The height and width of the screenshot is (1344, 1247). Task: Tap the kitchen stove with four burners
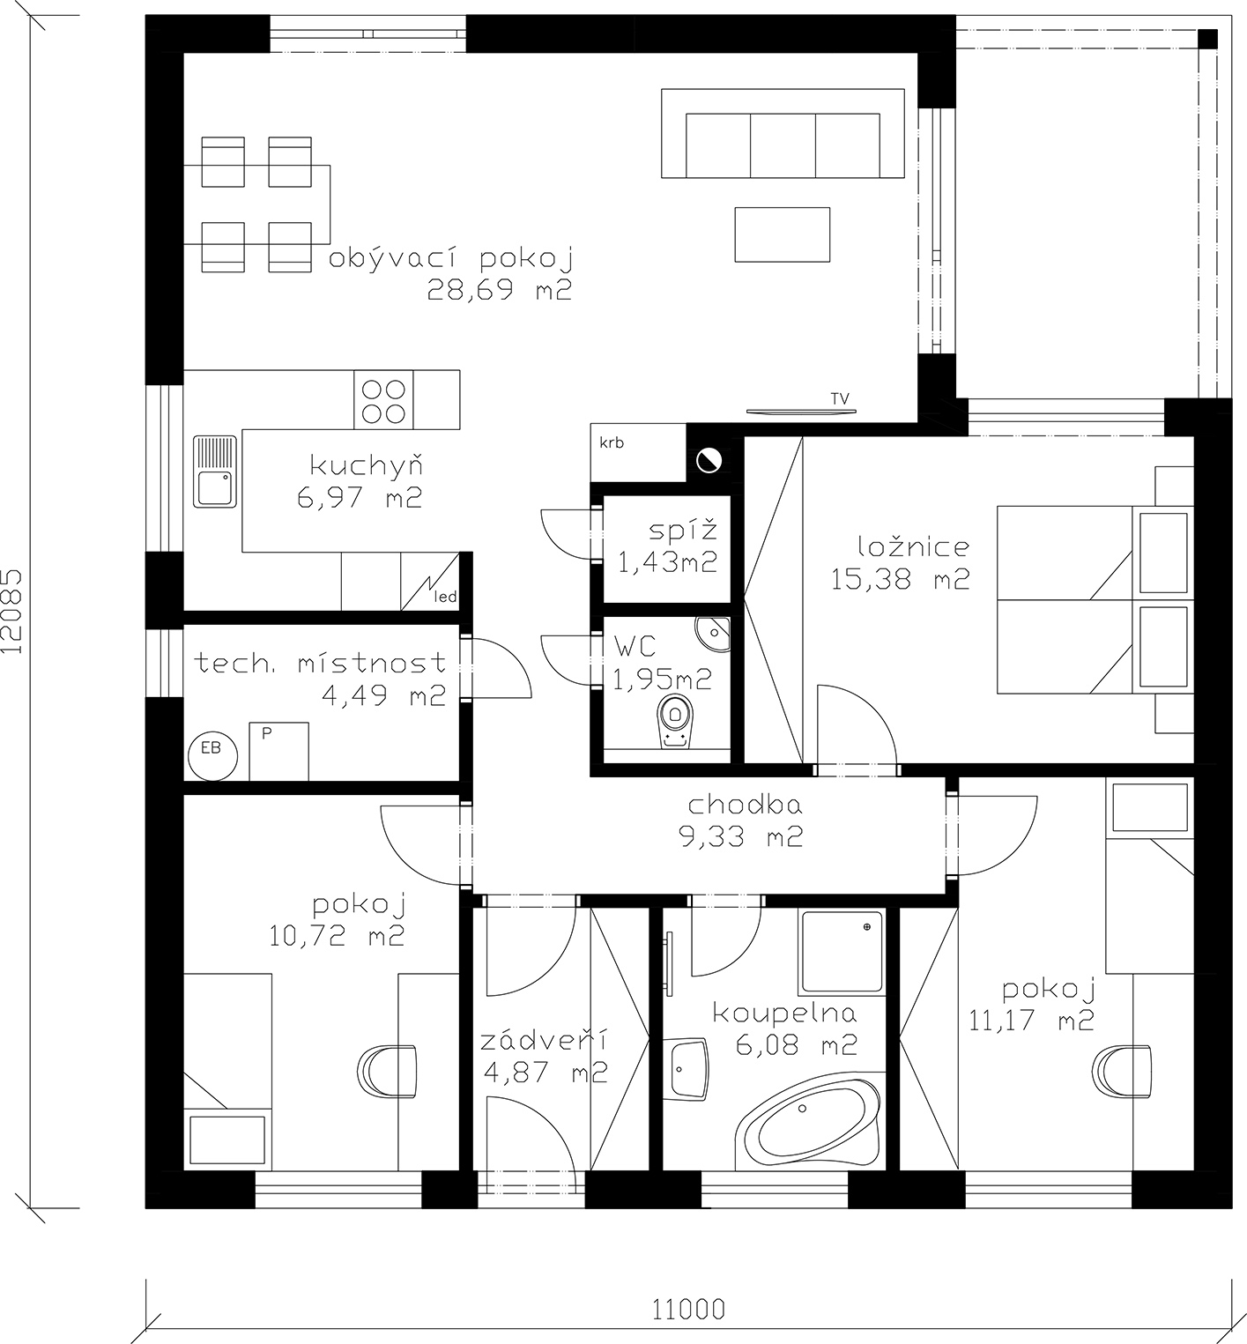coord(384,400)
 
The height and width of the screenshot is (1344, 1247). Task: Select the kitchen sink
coord(215,471)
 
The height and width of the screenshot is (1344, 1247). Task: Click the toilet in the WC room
coord(676,721)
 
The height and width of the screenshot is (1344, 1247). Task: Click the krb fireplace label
coord(612,442)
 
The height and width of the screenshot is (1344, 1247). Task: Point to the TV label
coord(840,399)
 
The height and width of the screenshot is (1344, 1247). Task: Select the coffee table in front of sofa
coord(783,234)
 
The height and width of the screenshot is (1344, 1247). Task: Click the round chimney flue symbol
coord(709,461)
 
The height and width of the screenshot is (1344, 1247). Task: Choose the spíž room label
coord(683,531)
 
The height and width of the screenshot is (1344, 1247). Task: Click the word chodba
coord(746,805)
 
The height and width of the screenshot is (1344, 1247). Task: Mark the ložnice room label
coord(899,546)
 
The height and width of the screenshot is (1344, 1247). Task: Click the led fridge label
coord(447,597)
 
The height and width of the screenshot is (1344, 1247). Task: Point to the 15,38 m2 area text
coord(900,579)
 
